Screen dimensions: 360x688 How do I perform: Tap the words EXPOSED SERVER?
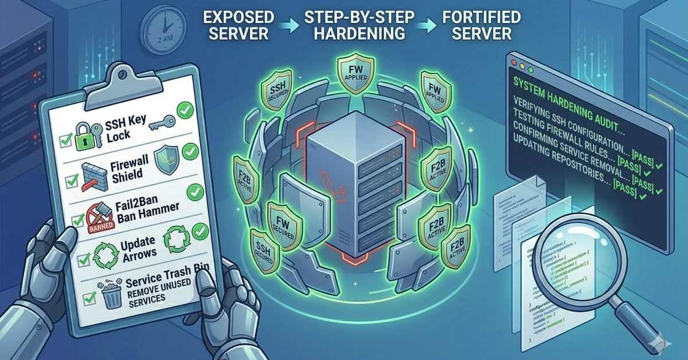pyautogui.click(x=238, y=25)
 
